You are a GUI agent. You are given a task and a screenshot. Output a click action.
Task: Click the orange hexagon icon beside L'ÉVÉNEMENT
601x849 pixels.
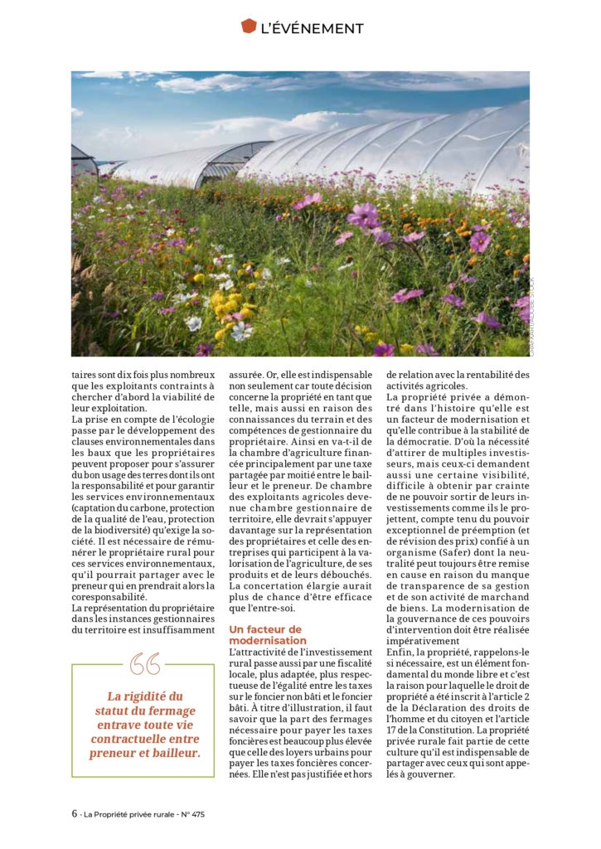point(249,27)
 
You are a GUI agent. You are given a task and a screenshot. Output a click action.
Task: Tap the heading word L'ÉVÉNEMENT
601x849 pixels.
point(312,28)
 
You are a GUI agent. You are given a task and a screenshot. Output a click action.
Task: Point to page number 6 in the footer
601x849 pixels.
point(74,813)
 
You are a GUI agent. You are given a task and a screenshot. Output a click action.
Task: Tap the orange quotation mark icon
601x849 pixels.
point(145,664)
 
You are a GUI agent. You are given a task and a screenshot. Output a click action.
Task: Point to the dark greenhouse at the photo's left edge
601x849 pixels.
point(84,162)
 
